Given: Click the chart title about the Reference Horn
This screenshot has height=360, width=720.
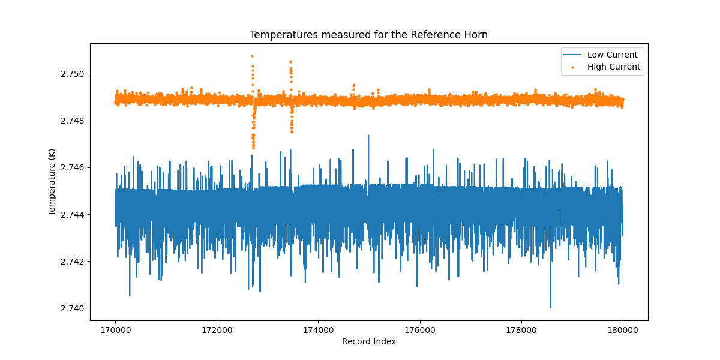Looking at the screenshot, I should tap(368, 35).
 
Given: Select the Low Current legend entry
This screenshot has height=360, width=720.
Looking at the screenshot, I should tap(612, 55).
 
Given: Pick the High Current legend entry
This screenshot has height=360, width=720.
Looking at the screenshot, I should tap(613, 67).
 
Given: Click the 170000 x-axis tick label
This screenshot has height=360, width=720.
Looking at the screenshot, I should tap(115, 329).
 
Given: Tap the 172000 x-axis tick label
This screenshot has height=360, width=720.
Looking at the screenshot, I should tap(217, 329).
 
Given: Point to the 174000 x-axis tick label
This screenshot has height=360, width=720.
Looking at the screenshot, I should tap(318, 329).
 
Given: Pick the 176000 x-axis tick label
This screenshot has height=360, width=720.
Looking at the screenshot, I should tap(419, 329).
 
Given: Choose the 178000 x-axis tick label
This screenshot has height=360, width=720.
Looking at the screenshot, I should tap(521, 329).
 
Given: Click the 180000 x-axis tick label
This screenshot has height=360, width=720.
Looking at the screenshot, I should tap(622, 329).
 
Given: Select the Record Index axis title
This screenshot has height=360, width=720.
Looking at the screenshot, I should tap(368, 341).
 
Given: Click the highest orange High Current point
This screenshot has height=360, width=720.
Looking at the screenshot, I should tap(252, 56).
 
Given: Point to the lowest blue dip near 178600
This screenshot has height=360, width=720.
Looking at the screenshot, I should tap(550, 307).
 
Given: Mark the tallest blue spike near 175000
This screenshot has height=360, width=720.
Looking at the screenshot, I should tap(368, 136).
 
